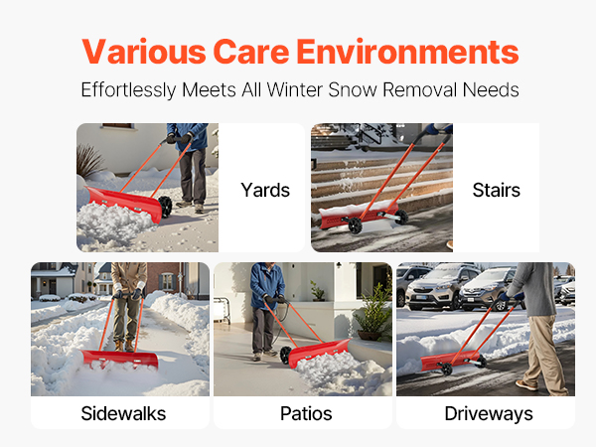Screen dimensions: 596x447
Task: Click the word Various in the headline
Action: (144, 52)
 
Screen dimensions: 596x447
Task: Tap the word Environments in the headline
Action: (407, 52)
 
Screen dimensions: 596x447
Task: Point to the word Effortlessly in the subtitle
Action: (128, 90)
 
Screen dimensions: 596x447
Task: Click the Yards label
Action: (265, 190)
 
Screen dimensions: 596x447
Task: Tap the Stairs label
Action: (496, 190)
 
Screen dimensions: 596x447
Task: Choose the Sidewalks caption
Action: (123, 413)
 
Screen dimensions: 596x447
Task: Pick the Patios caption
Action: (306, 413)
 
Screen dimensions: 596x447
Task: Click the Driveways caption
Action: (489, 413)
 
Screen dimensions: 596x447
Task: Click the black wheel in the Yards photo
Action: (165, 208)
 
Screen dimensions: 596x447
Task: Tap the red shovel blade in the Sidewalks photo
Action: (120, 359)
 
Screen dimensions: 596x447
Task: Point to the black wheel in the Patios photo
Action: (285, 355)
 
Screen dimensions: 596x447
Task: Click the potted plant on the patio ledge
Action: (318, 291)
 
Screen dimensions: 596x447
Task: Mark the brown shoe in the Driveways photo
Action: (526, 385)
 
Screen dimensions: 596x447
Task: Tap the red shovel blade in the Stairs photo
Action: (358, 216)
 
